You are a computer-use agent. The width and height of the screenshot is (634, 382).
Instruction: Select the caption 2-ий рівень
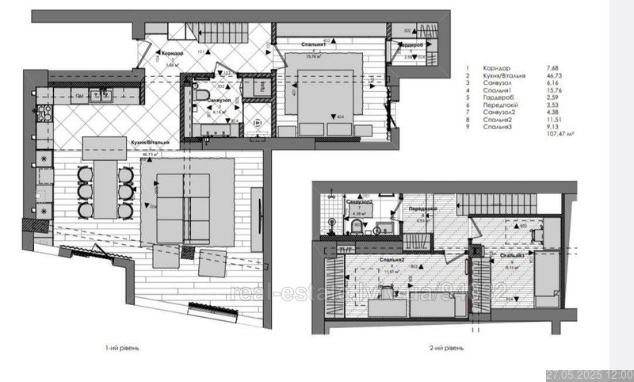pyautogui.click(x=447, y=347)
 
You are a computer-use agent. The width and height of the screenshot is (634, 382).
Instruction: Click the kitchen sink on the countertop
pyautogui.click(x=100, y=97)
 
